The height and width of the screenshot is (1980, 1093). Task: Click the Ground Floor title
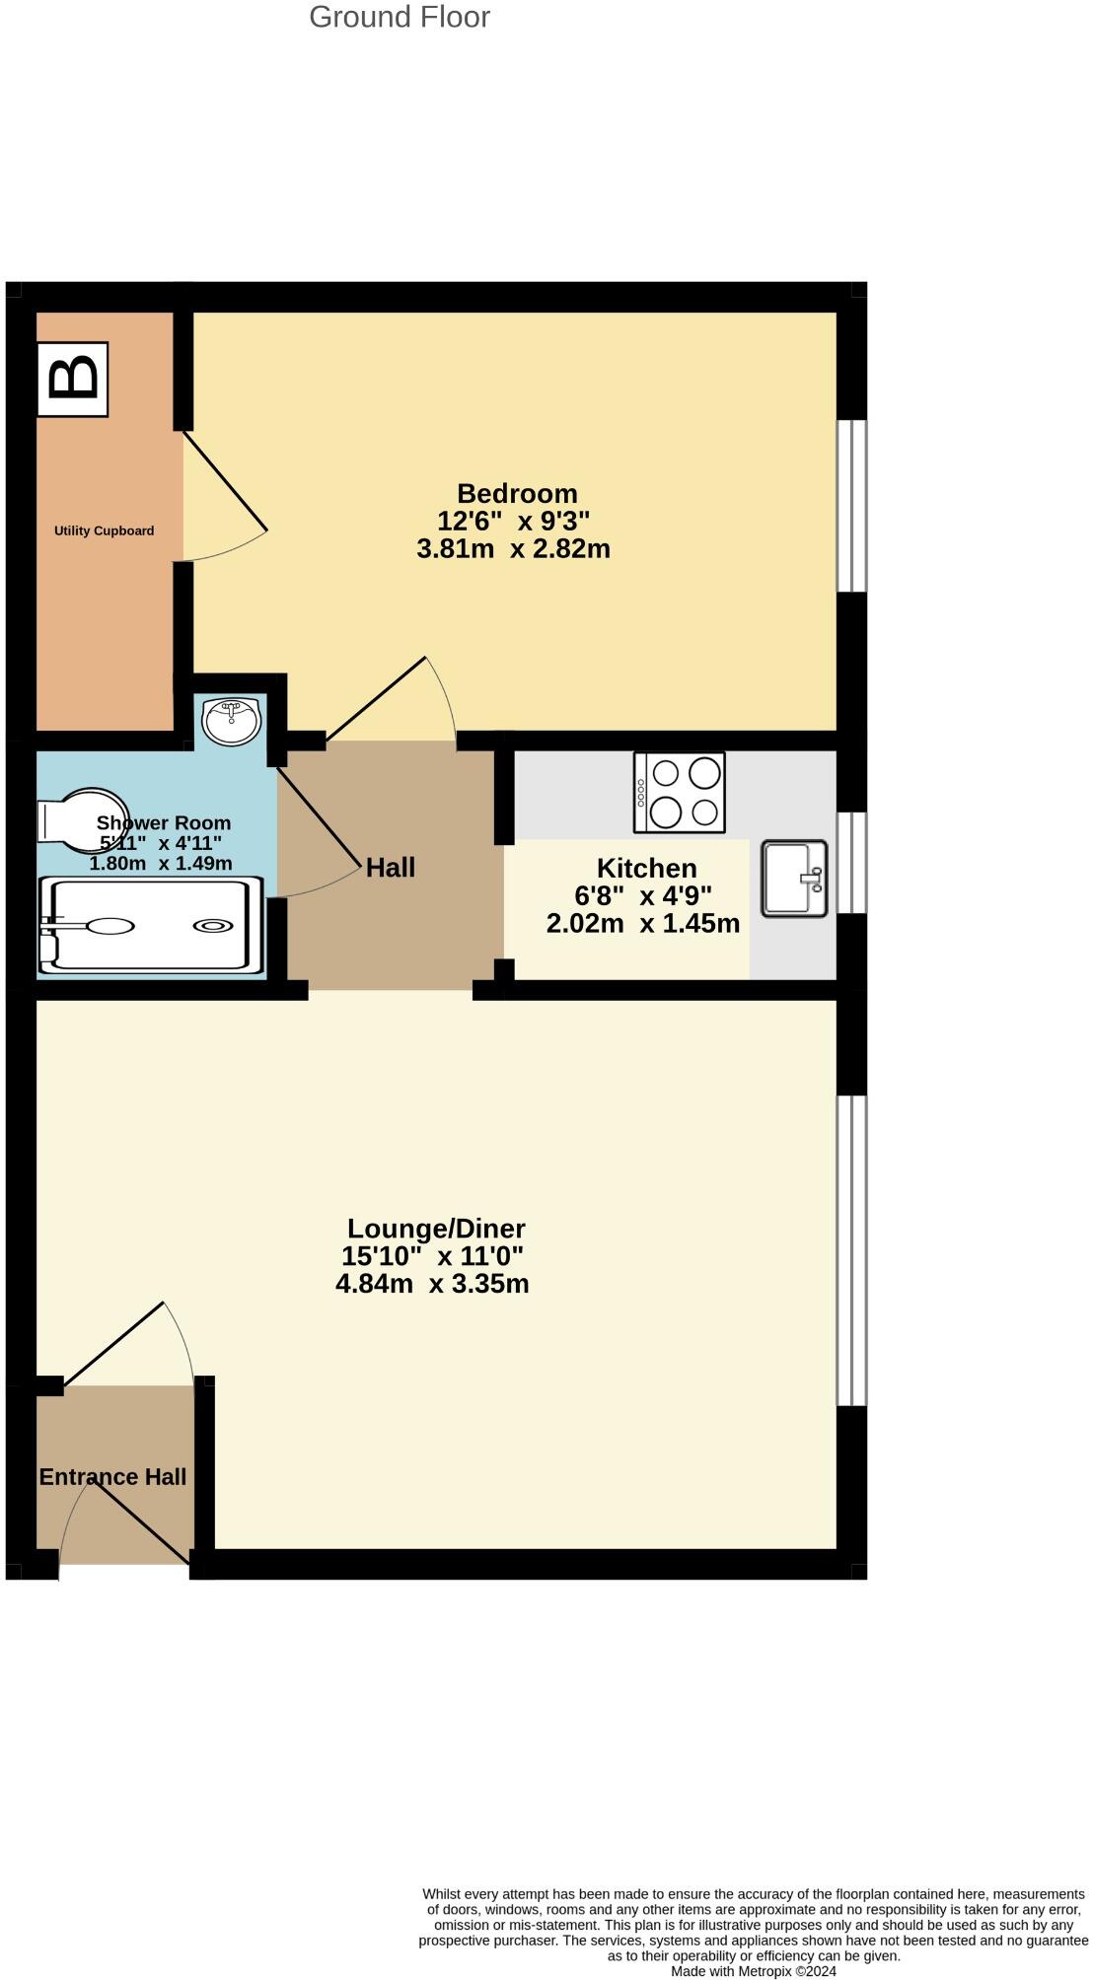[400, 17]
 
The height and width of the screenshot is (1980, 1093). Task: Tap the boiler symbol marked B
[72, 380]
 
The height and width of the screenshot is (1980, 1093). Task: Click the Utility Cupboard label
[104, 530]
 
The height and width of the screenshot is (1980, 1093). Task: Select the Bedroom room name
[517, 493]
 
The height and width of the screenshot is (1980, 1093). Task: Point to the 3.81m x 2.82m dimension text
[513, 549]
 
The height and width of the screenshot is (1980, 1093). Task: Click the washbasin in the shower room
[231, 720]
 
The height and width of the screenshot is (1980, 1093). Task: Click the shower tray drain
[213, 925]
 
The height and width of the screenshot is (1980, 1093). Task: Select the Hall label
[390, 868]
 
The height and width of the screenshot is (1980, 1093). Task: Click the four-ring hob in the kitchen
[680, 792]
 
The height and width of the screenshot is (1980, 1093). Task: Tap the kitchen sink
[793, 878]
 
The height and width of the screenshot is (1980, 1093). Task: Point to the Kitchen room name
[646, 868]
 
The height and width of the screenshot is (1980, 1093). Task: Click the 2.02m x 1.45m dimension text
[642, 924]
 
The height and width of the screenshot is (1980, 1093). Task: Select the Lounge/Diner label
[436, 1229]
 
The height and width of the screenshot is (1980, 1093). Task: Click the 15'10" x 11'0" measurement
[432, 1256]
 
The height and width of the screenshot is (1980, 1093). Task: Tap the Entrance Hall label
[112, 1477]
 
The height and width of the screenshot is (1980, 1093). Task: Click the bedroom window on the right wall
[851, 506]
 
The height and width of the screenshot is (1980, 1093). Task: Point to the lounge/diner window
[851, 1249]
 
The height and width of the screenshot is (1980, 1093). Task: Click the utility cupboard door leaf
[225, 480]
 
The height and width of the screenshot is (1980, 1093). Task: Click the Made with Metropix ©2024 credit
[754, 1971]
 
